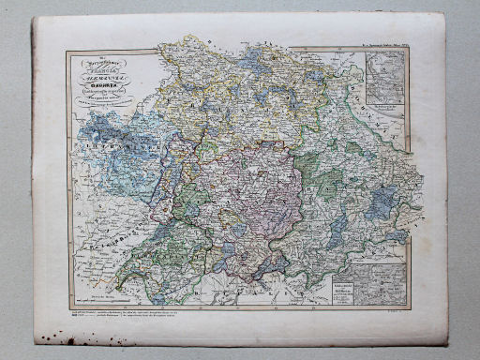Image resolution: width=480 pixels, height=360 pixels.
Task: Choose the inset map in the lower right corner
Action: (x=388, y=281)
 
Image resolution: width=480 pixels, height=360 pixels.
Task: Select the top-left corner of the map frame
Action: (x=67, y=52)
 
